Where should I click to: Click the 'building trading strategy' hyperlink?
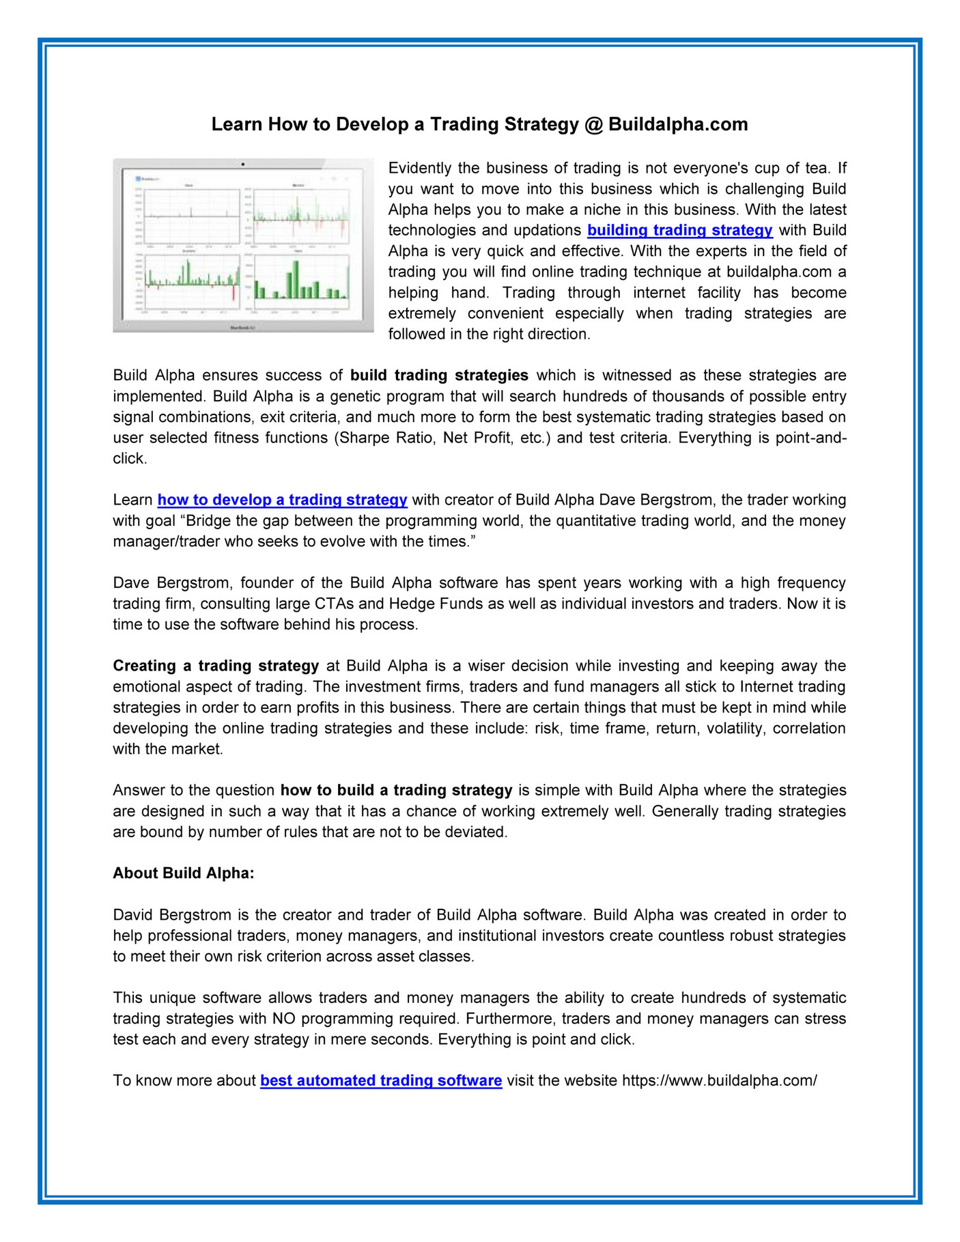pyautogui.click(x=679, y=230)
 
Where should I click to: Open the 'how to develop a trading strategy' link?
pyautogui.click(x=282, y=500)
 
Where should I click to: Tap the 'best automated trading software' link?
pyautogui.click(x=381, y=1081)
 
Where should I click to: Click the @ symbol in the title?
pyautogui.click(x=593, y=124)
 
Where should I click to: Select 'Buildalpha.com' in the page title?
pyautogui.click(x=678, y=124)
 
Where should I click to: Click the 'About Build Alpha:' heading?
pyautogui.click(x=183, y=873)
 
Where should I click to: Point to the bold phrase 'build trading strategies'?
pyautogui.click(x=439, y=376)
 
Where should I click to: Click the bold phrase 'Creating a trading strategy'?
pyautogui.click(x=216, y=666)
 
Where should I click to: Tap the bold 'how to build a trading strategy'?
pyautogui.click(x=396, y=790)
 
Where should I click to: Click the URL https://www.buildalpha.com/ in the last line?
pyautogui.click(x=719, y=1081)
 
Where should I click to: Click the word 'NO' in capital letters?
pyautogui.click(x=283, y=1019)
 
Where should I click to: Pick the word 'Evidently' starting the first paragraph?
pyautogui.click(x=420, y=168)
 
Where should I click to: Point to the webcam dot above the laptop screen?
pyautogui.click(x=243, y=165)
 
